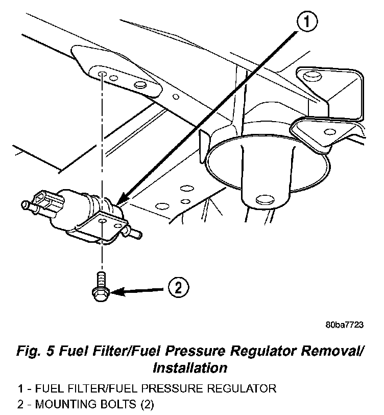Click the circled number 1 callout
(305, 22)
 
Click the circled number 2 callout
(178, 288)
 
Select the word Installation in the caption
(190, 367)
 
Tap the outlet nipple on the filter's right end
(135, 234)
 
